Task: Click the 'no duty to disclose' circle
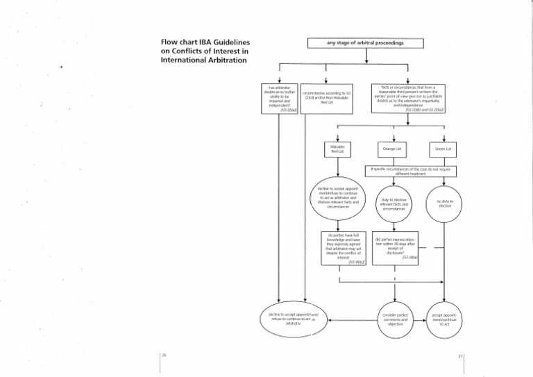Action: click(444, 203)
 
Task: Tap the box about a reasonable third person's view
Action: click(408, 98)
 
